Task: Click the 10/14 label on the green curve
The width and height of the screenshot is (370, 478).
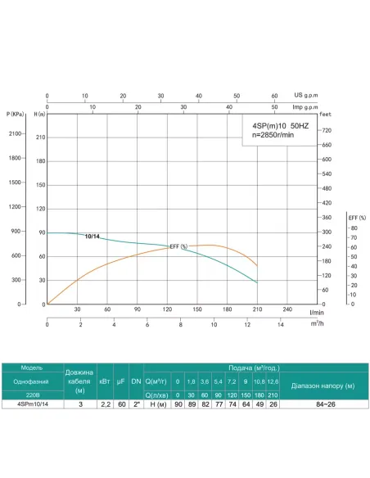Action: tap(93, 237)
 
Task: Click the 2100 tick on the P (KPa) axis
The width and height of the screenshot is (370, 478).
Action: tap(16, 133)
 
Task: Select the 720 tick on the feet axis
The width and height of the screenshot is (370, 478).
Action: tap(327, 130)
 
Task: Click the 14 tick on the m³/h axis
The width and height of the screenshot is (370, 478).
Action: tap(280, 325)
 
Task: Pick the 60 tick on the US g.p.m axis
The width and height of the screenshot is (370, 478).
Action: tap(274, 95)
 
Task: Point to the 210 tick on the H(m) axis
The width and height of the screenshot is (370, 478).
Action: tap(39, 138)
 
